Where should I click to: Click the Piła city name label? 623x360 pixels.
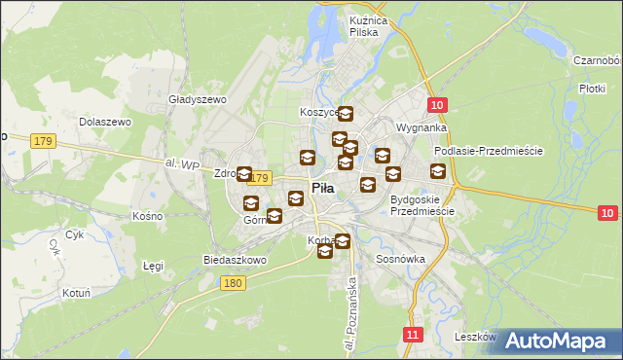click(x=325, y=189)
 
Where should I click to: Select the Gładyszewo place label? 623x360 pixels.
click(x=198, y=99)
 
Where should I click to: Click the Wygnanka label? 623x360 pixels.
click(x=421, y=127)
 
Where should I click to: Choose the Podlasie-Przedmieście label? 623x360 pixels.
click(x=489, y=151)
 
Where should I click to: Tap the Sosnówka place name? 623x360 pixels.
click(x=400, y=260)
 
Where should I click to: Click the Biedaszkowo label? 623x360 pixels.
click(x=235, y=260)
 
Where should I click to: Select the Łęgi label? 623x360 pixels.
click(x=153, y=265)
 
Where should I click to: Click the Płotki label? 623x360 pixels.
click(x=593, y=88)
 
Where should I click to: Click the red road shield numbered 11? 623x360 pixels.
click(x=413, y=334)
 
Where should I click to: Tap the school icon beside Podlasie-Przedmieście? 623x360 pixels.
click(x=438, y=171)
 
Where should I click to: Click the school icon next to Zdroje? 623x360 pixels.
click(x=244, y=174)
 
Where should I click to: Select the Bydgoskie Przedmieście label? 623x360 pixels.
click(x=421, y=205)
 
